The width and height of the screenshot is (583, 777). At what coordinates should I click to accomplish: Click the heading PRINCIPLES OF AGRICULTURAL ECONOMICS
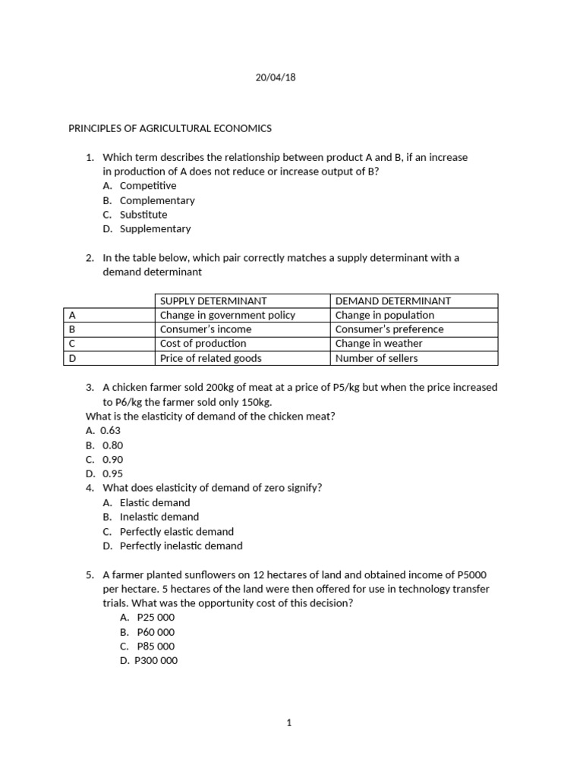click(170, 128)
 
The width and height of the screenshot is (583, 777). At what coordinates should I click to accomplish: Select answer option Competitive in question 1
click(148, 186)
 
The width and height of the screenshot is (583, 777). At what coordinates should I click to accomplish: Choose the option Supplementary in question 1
click(156, 228)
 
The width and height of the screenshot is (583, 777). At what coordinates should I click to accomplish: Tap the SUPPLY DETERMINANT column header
click(213, 301)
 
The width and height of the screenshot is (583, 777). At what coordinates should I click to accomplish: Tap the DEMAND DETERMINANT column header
click(393, 301)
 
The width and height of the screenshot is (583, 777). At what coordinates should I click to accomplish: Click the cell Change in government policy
click(228, 315)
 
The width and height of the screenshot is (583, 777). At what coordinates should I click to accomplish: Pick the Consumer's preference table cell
click(389, 329)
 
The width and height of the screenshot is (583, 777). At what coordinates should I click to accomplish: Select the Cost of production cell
click(203, 344)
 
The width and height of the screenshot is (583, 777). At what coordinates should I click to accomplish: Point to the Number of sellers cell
click(377, 358)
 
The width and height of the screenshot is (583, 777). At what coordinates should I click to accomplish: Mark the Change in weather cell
click(379, 344)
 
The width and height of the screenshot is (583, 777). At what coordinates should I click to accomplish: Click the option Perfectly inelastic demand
click(181, 546)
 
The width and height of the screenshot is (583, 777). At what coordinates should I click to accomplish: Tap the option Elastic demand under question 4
click(155, 502)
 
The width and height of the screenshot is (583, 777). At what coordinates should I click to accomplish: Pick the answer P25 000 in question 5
click(156, 618)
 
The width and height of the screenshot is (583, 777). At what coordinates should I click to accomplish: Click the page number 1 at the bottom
click(289, 723)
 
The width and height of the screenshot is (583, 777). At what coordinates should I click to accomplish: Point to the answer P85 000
click(156, 646)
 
